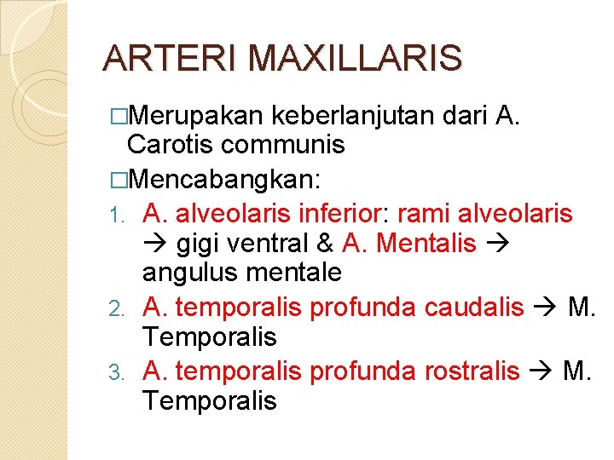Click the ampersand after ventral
(x=323, y=244)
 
